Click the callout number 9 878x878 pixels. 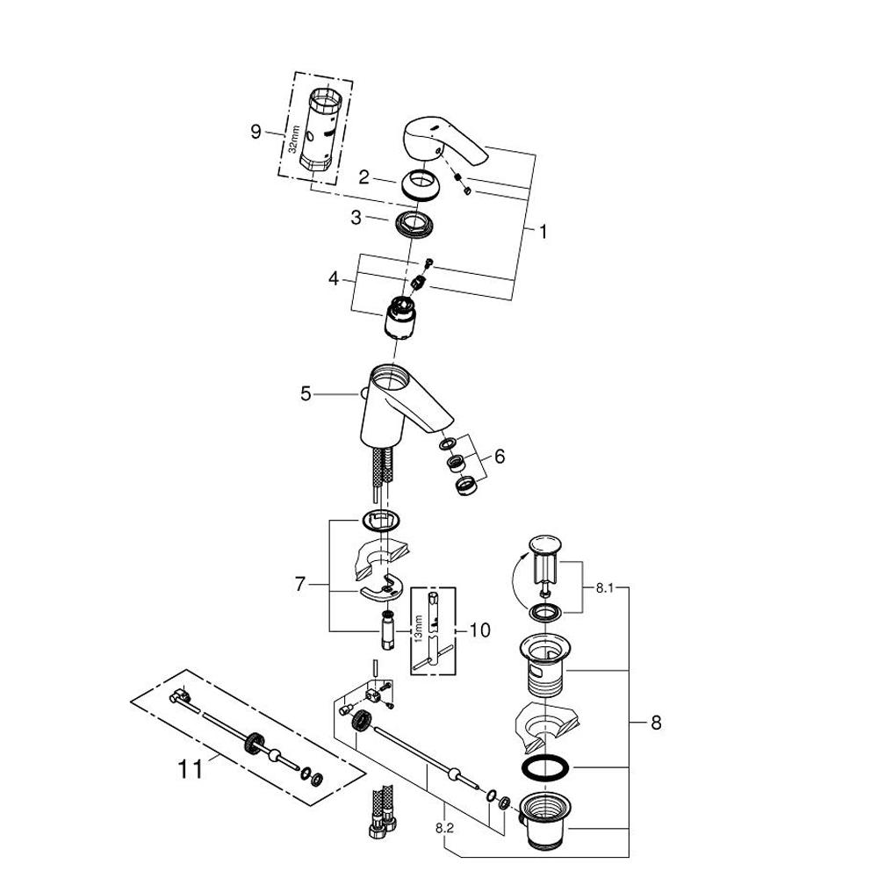pos(255,132)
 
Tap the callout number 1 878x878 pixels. pos(543,232)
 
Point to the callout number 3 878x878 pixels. pos(356,218)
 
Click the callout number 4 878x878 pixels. pos(334,279)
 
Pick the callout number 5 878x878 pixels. pos(306,394)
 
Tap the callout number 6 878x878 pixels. pos(500,457)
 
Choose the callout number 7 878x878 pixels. pos(301,584)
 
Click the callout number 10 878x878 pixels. pos(479,630)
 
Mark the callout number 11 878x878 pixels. pos(190,769)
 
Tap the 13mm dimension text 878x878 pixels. pos(419,629)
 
